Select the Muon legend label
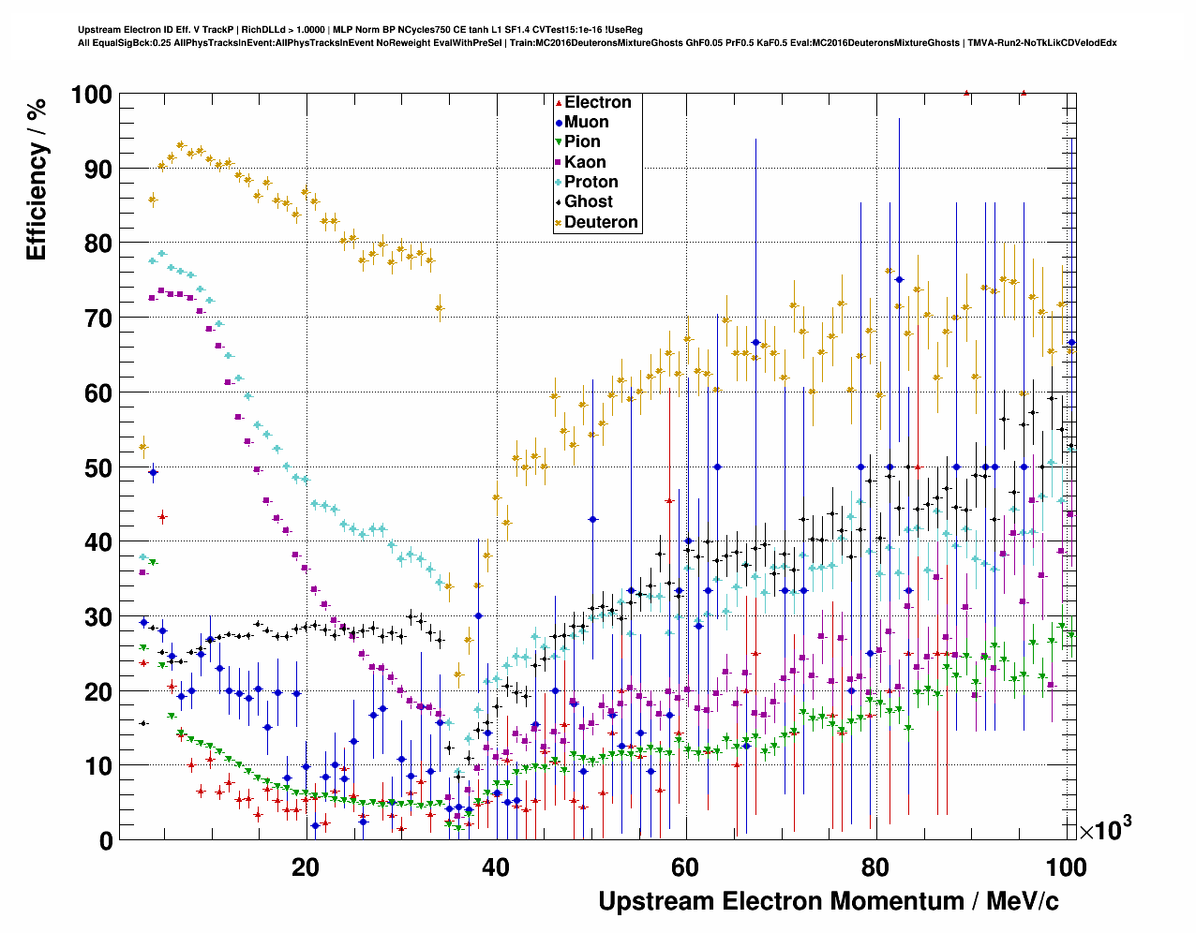pyautogui.click(x=586, y=122)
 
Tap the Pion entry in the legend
pyautogui.click(x=582, y=141)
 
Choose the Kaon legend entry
pyautogui.click(x=585, y=162)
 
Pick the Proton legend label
pyautogui.click(x=591, y=182)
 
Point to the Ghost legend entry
pyautogui.click(x=588, y=201)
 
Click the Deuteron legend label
pyautogui.click(x=601, y=222)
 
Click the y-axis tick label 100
pyautogui.click(x=91, y=95)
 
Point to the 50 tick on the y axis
pyautogui.click(x=98, y=467)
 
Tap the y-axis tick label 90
pyautogui.click(x=98, y=170)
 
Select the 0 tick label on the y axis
pyautogui.click(x=105, y=841)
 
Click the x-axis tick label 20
pyautogui.click(x=306, y=867)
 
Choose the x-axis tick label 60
pyautogui.click(x=686, y=867)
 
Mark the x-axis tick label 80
pyautogui.click(x=876, y=867)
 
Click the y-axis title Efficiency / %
pyautogui.click(x=37, y=178)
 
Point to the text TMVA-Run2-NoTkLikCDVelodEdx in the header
pyautogui.click(x=1041, y=42)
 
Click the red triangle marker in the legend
pyautogui.click(x=559, y=102)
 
